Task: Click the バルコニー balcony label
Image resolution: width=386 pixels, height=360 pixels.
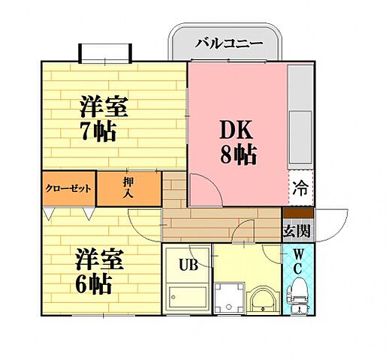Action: pyautogui.click(x=229, y=43)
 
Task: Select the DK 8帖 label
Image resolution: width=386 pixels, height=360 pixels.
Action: pyautogui.click(x=238, y=142)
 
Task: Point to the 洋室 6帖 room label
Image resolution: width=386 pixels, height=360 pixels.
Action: pyautogui.click(x=93, y=271)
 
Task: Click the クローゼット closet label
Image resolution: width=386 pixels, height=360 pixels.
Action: pyautogui.click(x=68, y=189)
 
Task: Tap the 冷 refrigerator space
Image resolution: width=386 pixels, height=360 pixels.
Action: pyautogui.click(x=300, y=189)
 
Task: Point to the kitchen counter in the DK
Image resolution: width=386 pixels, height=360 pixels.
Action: pyautogui.click(x=300, y=116)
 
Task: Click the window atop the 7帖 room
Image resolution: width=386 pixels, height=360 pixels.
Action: pyautogui.click(x=106, y=53)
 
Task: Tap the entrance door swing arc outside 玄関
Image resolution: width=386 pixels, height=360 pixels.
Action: pyautogui.click(x=330, y=225)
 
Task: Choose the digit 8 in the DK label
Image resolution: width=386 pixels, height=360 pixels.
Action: pyautogui.click(x=225, y=155)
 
